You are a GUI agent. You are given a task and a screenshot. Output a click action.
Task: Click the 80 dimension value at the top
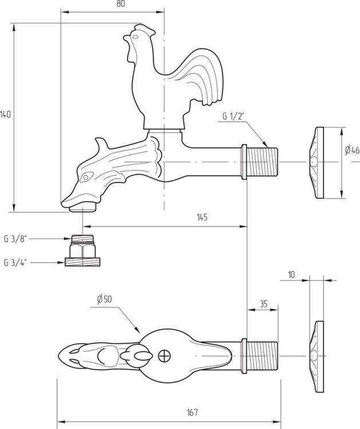(x=120, y=4)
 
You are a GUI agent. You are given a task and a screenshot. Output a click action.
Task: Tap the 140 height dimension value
(x=6, y=114)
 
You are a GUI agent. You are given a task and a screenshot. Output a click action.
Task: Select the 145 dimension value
(x=202, y=217)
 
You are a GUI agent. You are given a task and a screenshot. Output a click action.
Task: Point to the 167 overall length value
(x=192, y=412)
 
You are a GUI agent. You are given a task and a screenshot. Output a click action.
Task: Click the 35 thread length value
(x=263, y=304)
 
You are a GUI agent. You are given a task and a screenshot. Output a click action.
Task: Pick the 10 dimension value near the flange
(x=292, y=275)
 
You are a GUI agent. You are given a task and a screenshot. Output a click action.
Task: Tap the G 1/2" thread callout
(x=233, y=116)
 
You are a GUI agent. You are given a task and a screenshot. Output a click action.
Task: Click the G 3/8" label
(x=15, y=239)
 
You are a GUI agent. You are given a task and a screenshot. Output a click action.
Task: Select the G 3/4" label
(x=15, y=263)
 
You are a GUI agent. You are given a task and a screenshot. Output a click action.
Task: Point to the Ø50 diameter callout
(x=104, y=299)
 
